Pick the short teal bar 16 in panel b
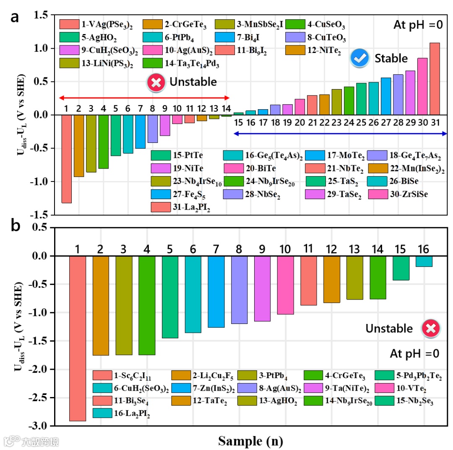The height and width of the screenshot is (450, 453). (424, 261)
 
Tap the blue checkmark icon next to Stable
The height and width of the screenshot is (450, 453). (359, 58)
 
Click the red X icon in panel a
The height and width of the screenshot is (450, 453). (156, 82)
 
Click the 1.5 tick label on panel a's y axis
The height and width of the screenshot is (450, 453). (42, 15)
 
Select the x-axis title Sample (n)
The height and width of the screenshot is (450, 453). (250, 441)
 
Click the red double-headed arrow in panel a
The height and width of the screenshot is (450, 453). (144, 97)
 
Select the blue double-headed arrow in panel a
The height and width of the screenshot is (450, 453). (340, 134)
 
